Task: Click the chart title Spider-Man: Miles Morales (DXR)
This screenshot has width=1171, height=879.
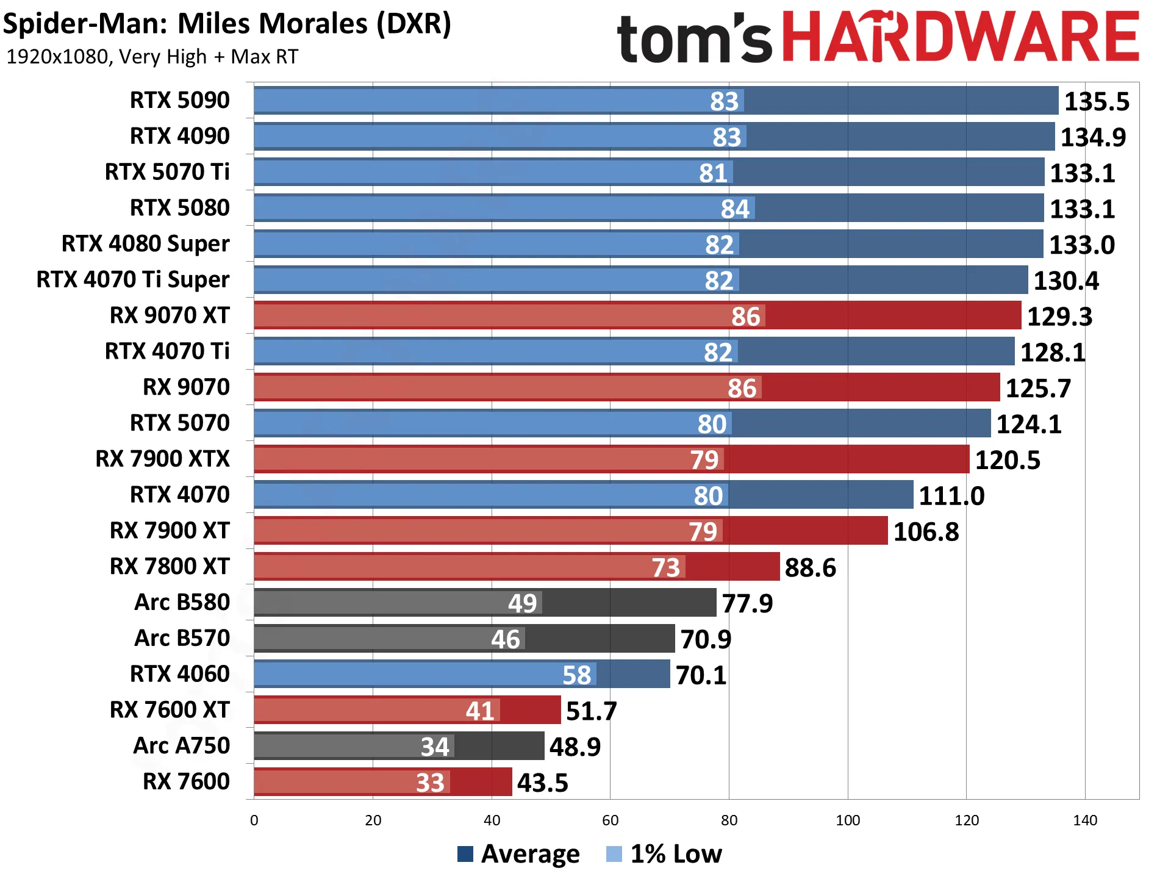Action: [x=227, y=24]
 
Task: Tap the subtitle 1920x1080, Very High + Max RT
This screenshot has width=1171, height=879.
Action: [x=152, y=57]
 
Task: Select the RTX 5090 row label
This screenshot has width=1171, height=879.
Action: [x=180, y=100]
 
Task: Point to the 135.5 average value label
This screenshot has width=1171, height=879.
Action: [x=1097, y=101]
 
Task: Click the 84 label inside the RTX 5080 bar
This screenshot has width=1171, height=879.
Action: [x=735, y=209]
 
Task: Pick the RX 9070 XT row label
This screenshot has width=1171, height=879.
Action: [x=170, y=315]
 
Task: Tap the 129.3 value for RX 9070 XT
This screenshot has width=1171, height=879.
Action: [x=1059, y=317]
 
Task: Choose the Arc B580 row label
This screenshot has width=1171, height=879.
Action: [x=182, y=602]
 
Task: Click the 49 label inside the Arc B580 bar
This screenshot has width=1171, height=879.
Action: [x=523, y=603]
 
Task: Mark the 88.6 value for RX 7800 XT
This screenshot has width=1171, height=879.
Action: [x=811, y=568]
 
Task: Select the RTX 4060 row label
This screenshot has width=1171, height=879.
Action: [x=180, y=674]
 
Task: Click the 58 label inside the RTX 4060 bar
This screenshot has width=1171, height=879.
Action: [x=576, y=675]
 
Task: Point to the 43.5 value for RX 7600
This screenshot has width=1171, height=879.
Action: [x=543, y=783]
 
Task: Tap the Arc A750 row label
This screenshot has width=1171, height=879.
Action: [x=182, y=745]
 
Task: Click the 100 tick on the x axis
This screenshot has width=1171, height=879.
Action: [x=848, y=820]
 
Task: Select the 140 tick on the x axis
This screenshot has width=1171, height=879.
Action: [x=1085, y=820]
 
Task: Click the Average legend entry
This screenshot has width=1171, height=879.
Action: [x=518, y=854]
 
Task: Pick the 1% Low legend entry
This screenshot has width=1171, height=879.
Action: [x=664, y=854]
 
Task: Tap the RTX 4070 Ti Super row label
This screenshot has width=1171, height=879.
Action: [x=133, y=279]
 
